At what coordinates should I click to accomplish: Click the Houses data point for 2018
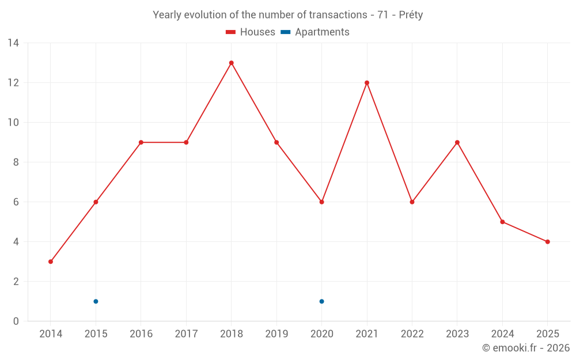(x=231, y=63)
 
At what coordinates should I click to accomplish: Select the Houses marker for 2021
(x=367, y=83)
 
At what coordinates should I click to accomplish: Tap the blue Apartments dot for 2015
(x=96, y=301)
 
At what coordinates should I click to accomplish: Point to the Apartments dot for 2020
(x=321, y=301)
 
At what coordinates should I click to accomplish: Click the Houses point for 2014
(x=51, y=262)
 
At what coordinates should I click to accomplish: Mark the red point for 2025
(x=547, y=242)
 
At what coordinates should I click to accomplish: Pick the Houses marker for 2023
(x=457, y=142)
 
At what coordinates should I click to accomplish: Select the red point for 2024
(x=502, y=222)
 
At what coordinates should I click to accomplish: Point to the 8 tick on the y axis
(x=16, y=162)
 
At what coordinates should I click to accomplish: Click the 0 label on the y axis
(x=16, y=321)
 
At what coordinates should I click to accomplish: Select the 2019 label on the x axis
(x=276, y=334)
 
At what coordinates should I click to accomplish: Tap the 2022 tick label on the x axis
(x=412, y=334)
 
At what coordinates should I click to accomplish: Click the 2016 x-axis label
(x=141, y=334)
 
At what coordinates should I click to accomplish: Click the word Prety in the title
(x=411, y=15)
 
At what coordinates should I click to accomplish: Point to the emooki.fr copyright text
(x=526, y=348)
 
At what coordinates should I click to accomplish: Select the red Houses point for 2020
(x=321, y=202)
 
